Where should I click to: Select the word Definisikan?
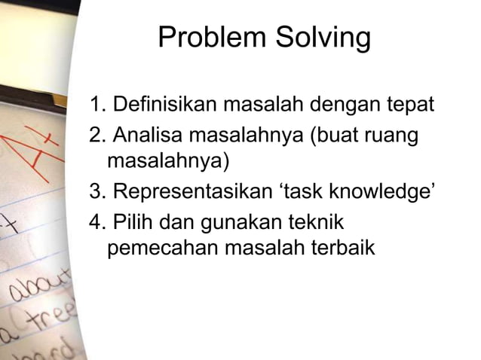pos(158,104)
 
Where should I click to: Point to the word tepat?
pos(410,104)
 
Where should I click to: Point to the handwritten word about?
pos(34,290)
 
